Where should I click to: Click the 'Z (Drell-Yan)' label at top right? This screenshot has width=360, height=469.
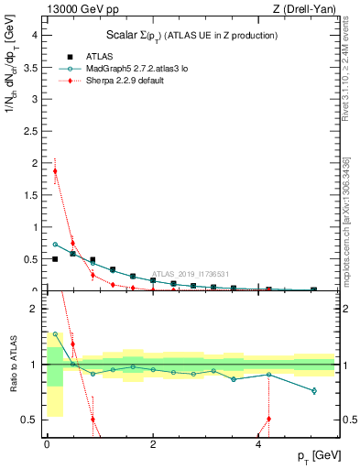click(305, 9)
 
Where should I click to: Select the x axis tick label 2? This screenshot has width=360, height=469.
click(152, 442)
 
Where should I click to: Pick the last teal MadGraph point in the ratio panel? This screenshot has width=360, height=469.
click(314, 391)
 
